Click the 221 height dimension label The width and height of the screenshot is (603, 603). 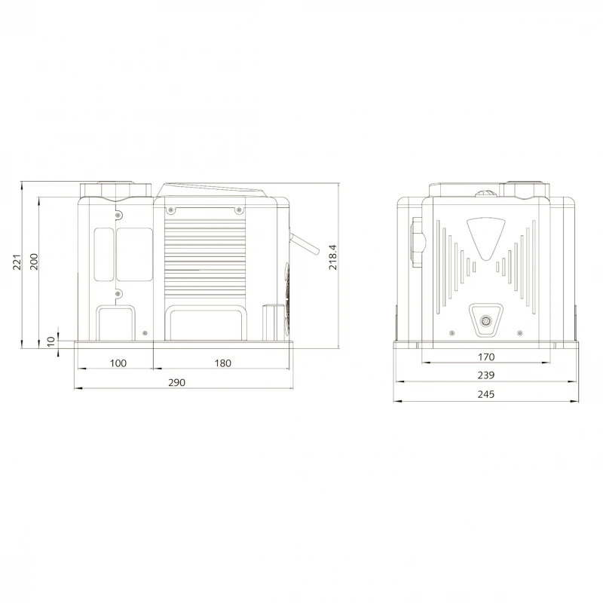point(17,262)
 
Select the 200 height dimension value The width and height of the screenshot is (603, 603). point(34,262)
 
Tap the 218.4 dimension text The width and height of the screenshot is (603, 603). point(332,257)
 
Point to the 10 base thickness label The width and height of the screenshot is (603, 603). point(51,341)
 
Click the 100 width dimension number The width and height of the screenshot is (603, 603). point(118,363)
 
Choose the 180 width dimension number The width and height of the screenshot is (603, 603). point(222,363)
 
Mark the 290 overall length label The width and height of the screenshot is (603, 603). point(177,382)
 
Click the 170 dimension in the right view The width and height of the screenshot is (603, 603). point(486,357)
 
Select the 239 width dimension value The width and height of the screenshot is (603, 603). point(486,375)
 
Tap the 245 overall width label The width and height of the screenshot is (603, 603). point(486,394)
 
